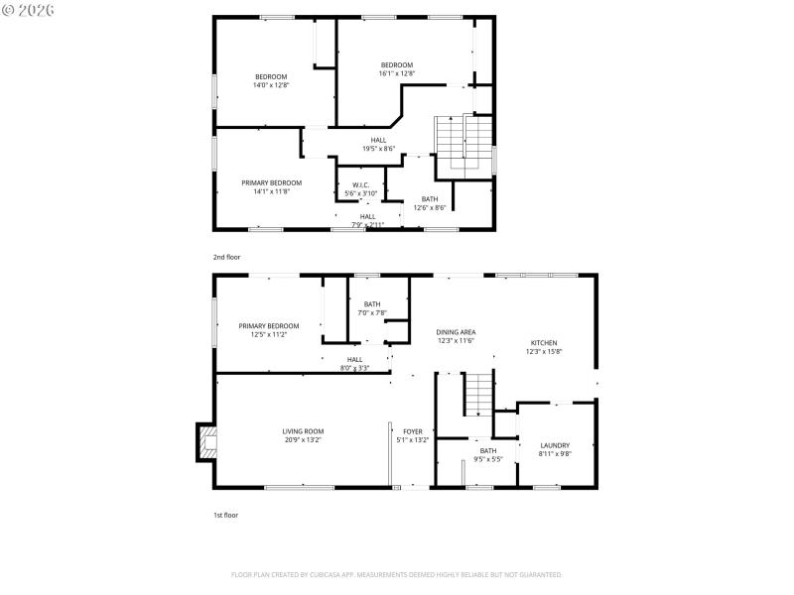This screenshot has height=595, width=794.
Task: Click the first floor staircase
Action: tap(479, 394)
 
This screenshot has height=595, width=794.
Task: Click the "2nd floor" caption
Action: tap(226, 257)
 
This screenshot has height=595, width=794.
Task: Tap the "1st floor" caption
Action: tap(225, 515)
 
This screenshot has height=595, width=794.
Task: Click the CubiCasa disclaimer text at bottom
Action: tap(397, 574)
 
